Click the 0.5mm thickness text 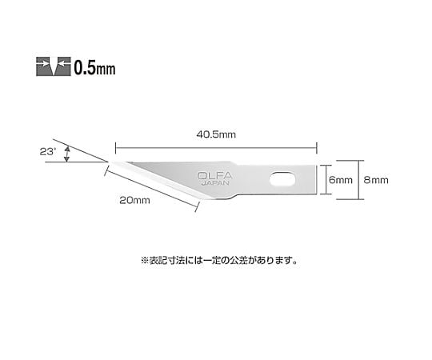[x=94, y=67]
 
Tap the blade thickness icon [x=54, y=66]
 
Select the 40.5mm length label [x=216, y=134]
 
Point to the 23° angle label [x=48, y=151]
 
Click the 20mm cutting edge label [x=134, y=200]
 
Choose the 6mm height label [x=341, y=180]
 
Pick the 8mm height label [x=376, y=180]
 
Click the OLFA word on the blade [x=215, y=175]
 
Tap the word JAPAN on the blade [x=215, y=183]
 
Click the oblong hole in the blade [x=282, y=180]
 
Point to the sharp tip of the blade [x=110, y=162]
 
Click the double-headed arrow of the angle [x=66, y=154]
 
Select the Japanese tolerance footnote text [x=219, y=260]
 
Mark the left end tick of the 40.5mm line [x=116, y=148]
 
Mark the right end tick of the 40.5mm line [x=317, y=148]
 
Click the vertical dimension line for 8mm [x=358, y=180]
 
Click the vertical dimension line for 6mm [x=326, y=180]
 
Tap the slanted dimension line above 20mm [x=151, y=189]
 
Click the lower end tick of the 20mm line [x=198, y=207]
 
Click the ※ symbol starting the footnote [x=145, y=261]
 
